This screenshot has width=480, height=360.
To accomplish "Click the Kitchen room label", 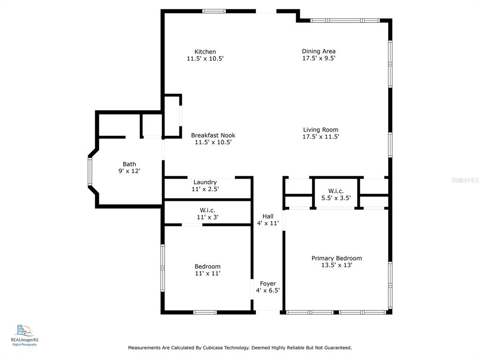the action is coord(205,52).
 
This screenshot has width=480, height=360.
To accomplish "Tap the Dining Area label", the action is coord(319,52).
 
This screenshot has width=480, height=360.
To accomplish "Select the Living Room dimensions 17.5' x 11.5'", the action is coord(321,137).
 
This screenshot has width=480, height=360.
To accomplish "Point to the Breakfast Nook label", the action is coord(213,135).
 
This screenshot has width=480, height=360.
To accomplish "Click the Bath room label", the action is coord(129,164).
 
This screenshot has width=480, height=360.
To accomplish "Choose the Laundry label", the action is coord(205,182).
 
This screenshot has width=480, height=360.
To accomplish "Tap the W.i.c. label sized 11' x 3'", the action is coord(208,210).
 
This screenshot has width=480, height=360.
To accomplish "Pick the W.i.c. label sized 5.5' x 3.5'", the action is coord(336,191).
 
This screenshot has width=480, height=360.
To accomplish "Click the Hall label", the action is coord(268,217).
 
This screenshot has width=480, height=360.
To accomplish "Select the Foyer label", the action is coord(268,284).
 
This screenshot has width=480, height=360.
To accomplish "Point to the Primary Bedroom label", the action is coord(337,258).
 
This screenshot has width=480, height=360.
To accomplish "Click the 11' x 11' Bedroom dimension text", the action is coord(208,273).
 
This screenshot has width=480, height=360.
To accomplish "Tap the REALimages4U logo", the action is coord(24,335).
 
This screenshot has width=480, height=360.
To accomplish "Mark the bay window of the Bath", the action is coord(90,172).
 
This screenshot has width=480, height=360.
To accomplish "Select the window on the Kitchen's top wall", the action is coord(214,11).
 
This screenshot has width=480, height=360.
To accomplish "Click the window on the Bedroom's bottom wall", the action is coord(205,313).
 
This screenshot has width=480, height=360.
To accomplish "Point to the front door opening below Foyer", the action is coord(268,312).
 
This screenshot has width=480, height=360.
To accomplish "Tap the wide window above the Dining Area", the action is coord(345,21).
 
